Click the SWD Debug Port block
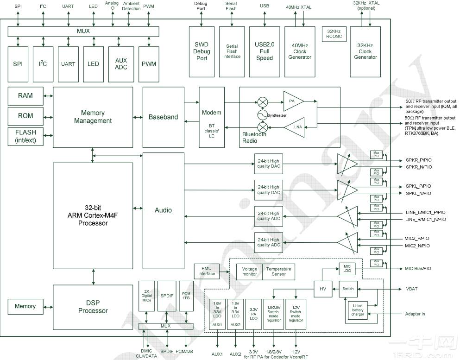[x=202, y=51]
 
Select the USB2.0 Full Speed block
[x=265, y=51]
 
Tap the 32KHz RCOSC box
[x=333, y=34]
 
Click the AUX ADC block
[x=121, y=63]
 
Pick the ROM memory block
[x=25, y=116]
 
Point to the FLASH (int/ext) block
[x=25, y=136]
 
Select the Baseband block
[x=163, y=117]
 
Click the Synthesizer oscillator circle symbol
[x=262, y=115]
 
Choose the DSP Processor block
[x=93, y=307]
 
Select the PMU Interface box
[x=207, y=271]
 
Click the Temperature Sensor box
[x=279, y=272]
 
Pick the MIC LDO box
[x=347, y=268]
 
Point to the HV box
[x=323, y=289]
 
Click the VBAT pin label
[x=412, y=289]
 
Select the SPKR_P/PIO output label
[x=419, y=160]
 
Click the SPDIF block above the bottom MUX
[x=167, y=296]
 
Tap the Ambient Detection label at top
[x=132, y=6]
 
